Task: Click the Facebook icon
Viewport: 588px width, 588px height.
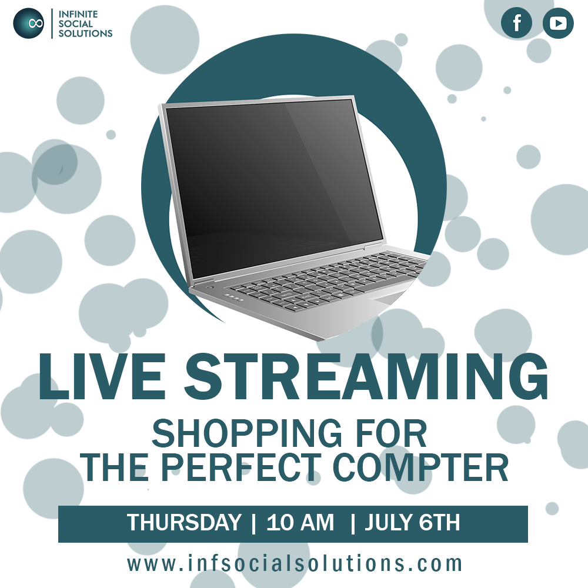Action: pyautogui.click(x=516, y=23)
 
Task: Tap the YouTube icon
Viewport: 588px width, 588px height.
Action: pyautogui.click(x=558, y=23)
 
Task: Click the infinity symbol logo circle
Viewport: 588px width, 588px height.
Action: pyautogui.click(x=28, y=24)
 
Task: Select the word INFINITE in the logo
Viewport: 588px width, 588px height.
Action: pyautogui.click(x=78, y=14)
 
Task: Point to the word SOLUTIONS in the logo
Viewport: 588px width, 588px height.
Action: pyautogui.click(x=85, y=33)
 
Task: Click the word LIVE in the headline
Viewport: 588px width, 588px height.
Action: pyautogui.click(x=102, y=376)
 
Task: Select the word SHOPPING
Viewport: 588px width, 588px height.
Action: pyautogui.click(x=246, y=433)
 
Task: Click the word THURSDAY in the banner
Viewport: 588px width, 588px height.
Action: pyautogui.click(x=183, y=522)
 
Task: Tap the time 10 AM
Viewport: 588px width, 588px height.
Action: pyautogui.click(x=300, y=522)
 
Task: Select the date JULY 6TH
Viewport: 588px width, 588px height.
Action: pyautogui.click(x=412, y=522)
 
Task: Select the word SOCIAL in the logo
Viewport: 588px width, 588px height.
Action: pyautogui.click(x=76, y=24)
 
